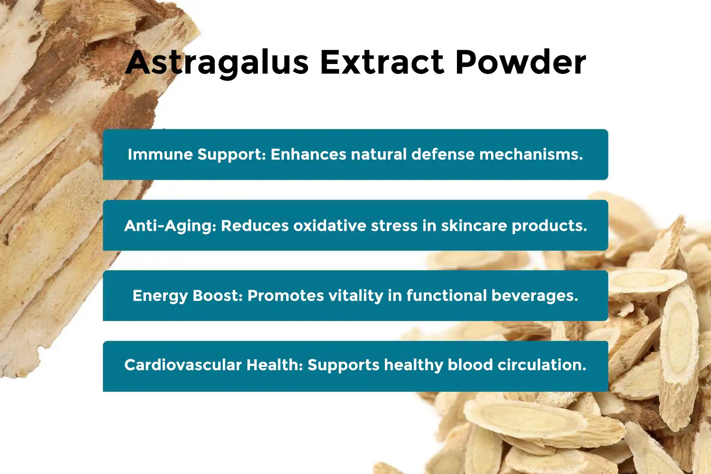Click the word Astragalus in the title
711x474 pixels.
pos(218,63)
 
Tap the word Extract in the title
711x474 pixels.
pos(382,63)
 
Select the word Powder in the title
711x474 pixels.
pos(520,63)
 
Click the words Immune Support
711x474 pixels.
pos(197,155)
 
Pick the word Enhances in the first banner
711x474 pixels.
pos(309,155)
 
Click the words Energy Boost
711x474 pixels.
pos(188,296)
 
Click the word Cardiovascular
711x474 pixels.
pos(183,365)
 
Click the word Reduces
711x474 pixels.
pos(255,226)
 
